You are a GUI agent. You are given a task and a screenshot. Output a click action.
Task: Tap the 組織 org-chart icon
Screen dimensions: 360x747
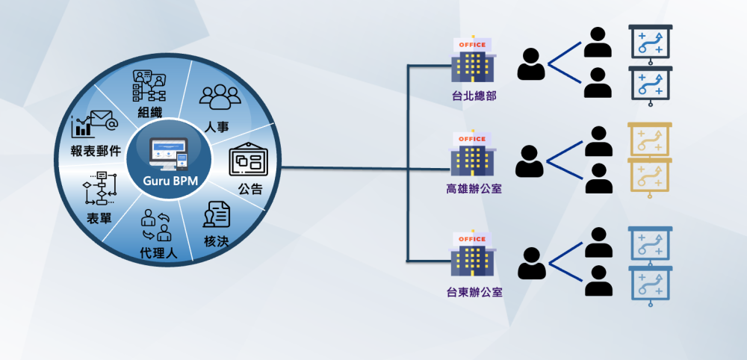149,87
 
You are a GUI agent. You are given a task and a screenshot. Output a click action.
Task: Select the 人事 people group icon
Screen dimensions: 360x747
220,97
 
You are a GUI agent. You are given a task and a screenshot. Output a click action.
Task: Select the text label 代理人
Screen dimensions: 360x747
158,253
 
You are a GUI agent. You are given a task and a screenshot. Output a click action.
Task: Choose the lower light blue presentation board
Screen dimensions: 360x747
650,285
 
